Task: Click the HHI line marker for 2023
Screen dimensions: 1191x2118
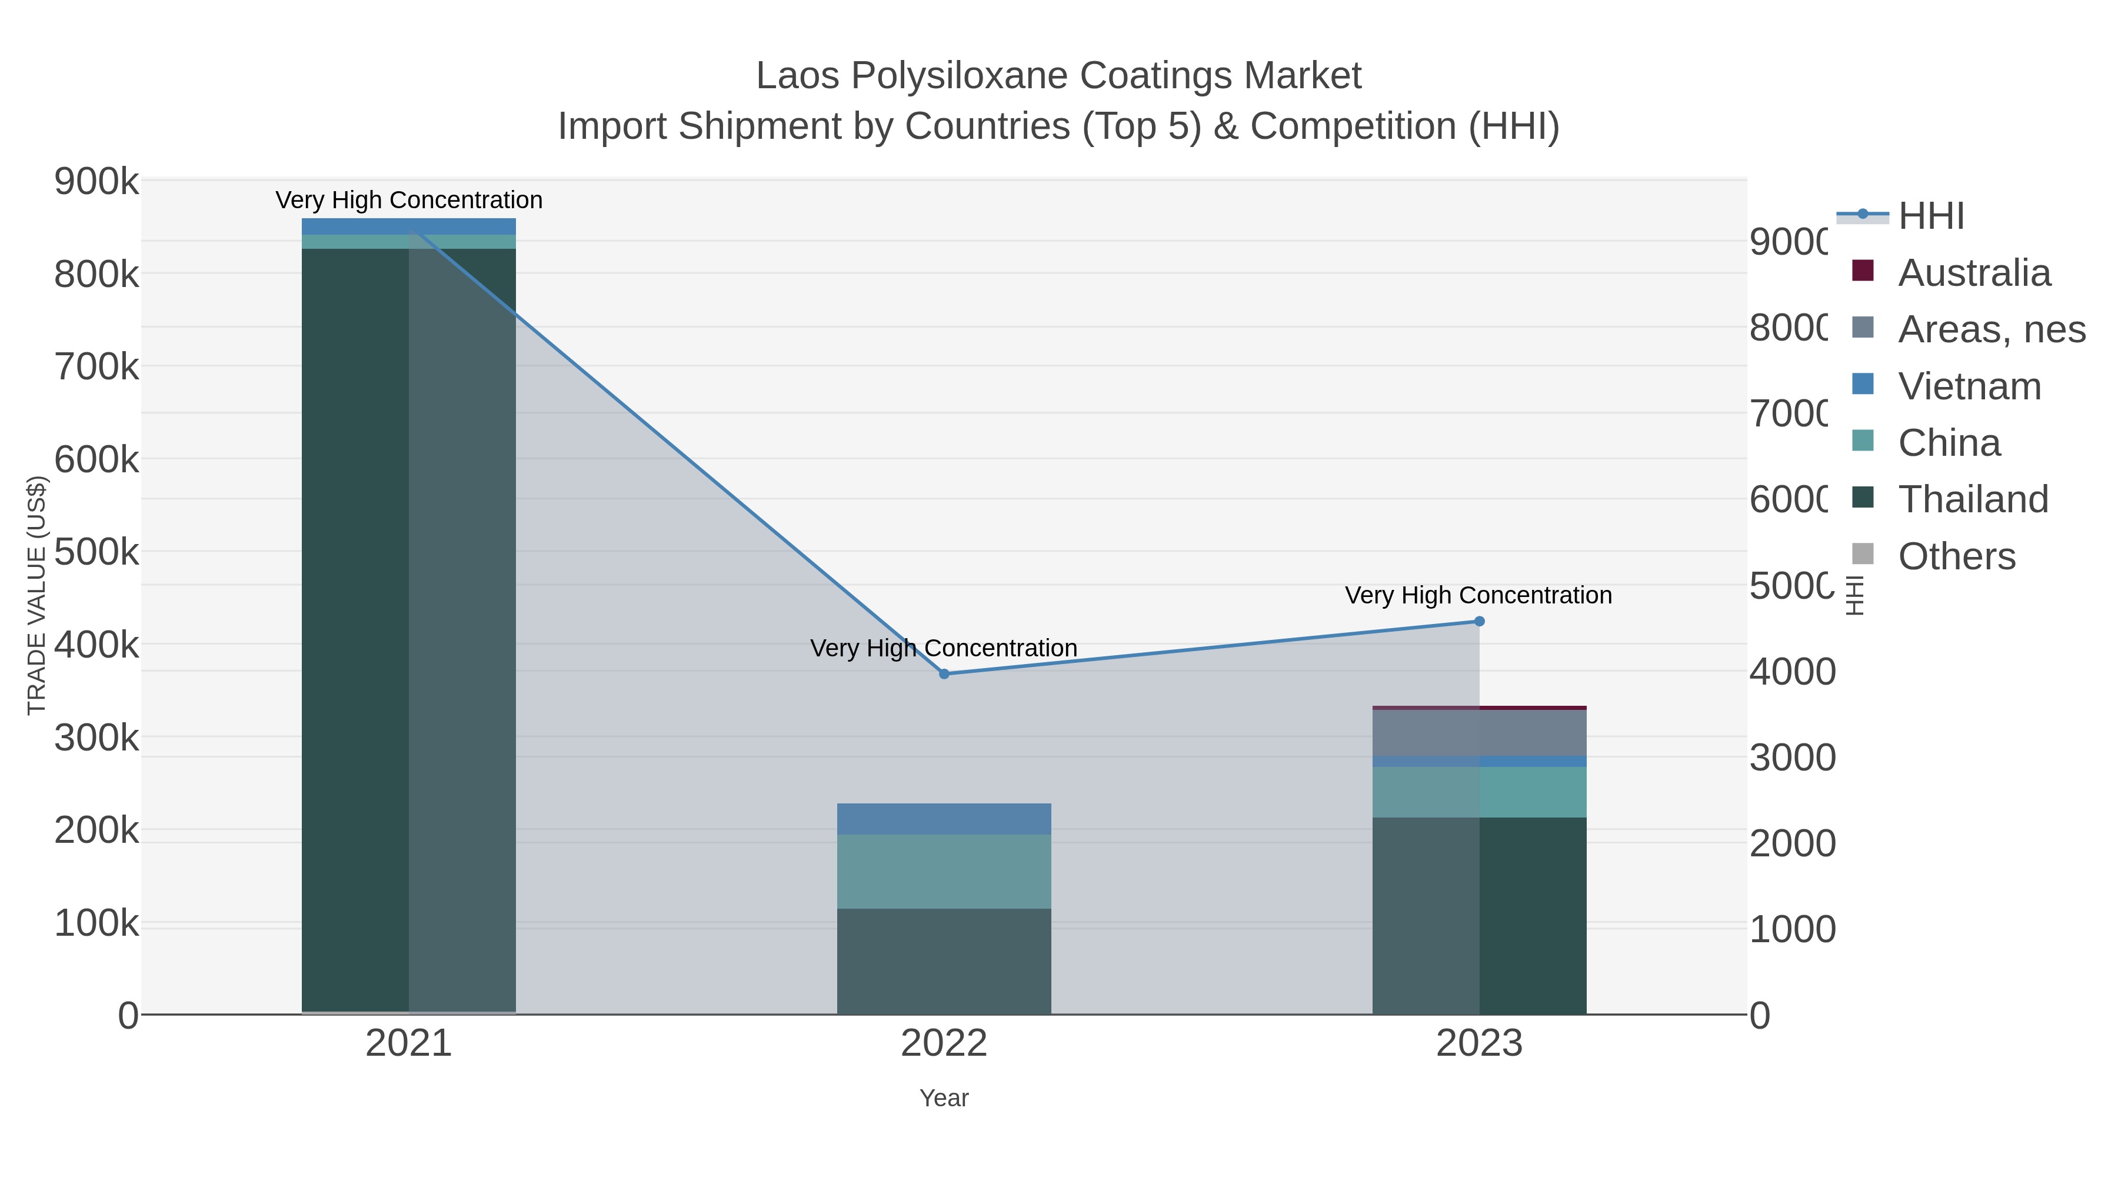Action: point(1479,622)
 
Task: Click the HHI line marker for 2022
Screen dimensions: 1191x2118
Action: point(944,674)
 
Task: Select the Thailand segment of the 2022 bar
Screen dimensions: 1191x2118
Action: point(944,961)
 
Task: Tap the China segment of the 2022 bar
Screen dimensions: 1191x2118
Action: point(944,871)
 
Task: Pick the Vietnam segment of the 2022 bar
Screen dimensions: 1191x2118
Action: point(944,819)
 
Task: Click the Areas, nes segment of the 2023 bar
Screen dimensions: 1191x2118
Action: point(1479,733)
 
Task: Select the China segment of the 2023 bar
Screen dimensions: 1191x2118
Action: point(1479,792)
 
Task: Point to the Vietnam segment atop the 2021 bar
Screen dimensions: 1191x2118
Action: point(409,226)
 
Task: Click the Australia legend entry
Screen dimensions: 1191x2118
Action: point(1973,273)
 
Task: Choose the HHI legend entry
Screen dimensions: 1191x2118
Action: point(1930,216)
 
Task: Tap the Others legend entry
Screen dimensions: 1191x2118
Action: point(1956,556)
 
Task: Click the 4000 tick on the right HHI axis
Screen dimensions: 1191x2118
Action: point(1791,672)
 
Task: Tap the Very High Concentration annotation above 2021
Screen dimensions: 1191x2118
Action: point(409,201)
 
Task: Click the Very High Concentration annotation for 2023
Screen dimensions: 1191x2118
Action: point(1477,595)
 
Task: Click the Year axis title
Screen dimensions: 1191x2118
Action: point(944,1098)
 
